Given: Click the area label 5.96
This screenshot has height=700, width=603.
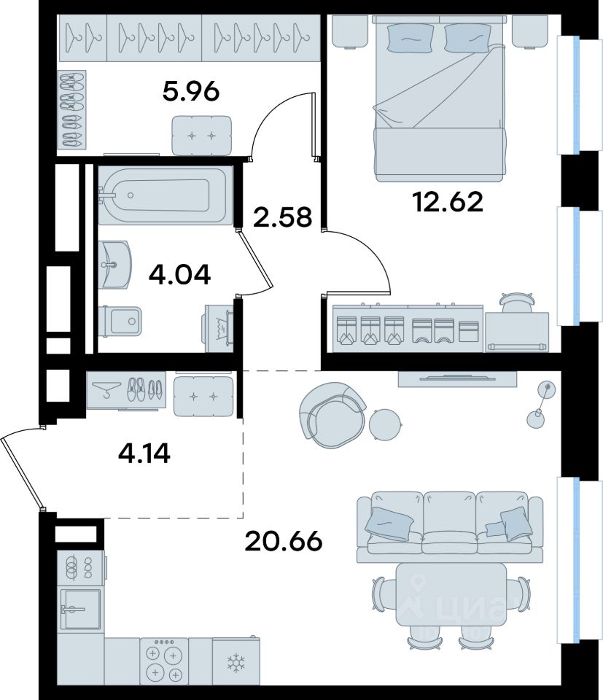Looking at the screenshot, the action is [x=191, y=92].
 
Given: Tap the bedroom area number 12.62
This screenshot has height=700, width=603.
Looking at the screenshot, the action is [x=448, y=202].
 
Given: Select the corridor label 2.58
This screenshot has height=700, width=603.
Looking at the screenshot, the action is [x=282, y=217].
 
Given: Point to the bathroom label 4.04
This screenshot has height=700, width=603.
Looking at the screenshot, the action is [x=179, y=275].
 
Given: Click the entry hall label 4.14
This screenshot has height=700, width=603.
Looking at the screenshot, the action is [x=144, y=454].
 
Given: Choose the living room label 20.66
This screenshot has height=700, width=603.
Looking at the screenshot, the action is [x=284, y=542].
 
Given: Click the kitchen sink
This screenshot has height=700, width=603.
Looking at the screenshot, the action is [x=81, y=609].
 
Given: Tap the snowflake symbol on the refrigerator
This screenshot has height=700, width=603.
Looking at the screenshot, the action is [x=234, y=663].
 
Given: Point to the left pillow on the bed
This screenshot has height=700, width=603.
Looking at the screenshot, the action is [x=410, y=37].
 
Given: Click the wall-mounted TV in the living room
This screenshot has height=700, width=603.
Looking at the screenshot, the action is [x=457, y=379].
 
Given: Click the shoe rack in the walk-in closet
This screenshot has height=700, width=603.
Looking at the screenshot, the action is [x=72, y=109].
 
